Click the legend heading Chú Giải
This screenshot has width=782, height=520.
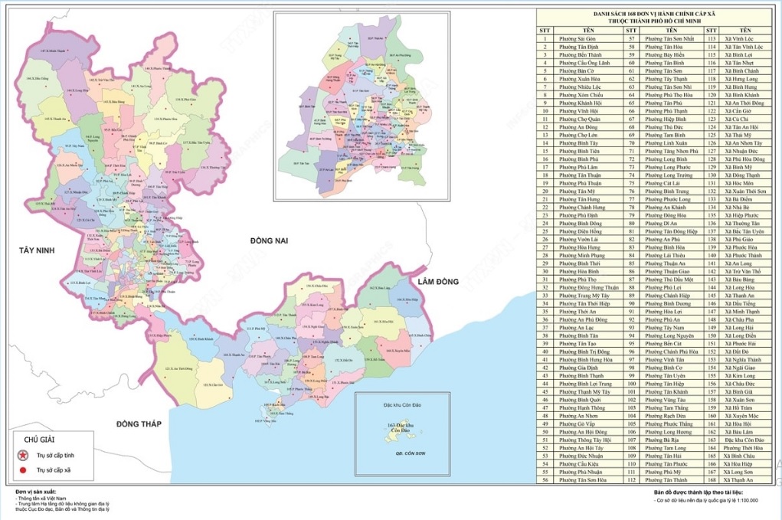[40, 440]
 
